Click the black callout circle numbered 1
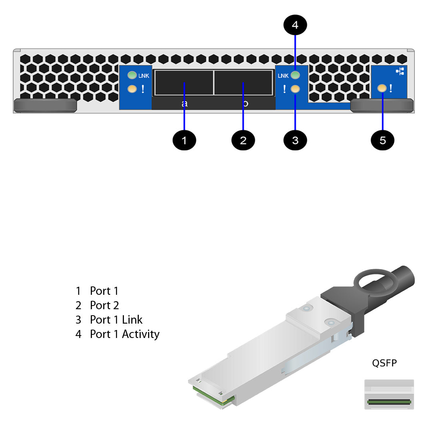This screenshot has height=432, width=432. click(184, 140)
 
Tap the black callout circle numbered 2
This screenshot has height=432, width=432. click(243, 140)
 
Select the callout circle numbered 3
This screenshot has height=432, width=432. click(295, 140)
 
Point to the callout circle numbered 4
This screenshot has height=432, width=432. click(295, 25)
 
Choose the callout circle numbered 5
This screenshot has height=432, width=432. click(383, 140)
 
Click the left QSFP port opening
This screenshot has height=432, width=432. click(184, 83)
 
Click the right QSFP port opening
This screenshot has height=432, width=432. click(243, 83)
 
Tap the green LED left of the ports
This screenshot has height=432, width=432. click(132, 75)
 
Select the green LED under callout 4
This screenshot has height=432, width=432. click(295, 75)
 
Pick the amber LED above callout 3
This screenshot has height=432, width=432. click(295, 89)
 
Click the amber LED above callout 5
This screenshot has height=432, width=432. click(382, 88)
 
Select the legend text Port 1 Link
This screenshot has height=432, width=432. click(116, 320)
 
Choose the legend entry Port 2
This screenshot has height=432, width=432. click(104, 305)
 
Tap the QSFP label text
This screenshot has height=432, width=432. click(384, 363)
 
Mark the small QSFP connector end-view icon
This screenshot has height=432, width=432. click(389, 394)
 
